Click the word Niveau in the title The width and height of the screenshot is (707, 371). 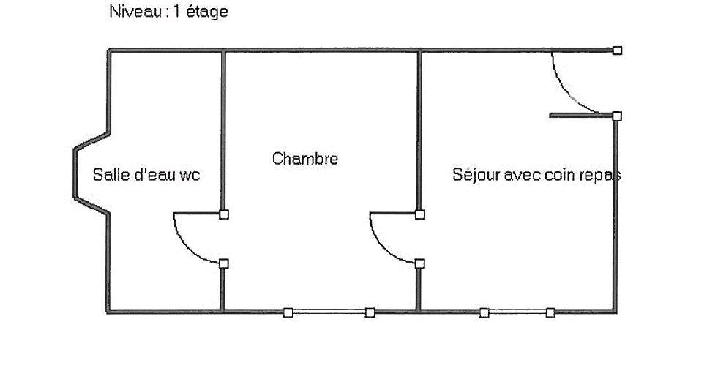tap(135, 11)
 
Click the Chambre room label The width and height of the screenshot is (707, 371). tap(304, 158)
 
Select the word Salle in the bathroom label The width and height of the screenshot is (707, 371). tap(108, 174)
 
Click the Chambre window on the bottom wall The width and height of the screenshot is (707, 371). tap(329, 312)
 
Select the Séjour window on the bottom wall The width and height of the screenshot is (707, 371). tap(517, 312)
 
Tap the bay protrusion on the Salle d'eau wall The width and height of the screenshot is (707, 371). tap(75, 173)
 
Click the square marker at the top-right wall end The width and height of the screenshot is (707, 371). tap(617, 50)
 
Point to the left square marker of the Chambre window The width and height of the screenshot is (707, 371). tap(288, 312)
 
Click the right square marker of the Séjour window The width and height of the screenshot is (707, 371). tap(550, 312)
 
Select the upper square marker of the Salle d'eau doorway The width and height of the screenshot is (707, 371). tap(224, 214)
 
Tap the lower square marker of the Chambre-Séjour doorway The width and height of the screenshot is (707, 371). tap(420, 263)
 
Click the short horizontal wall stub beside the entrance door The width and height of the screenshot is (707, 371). tap(581, 116)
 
